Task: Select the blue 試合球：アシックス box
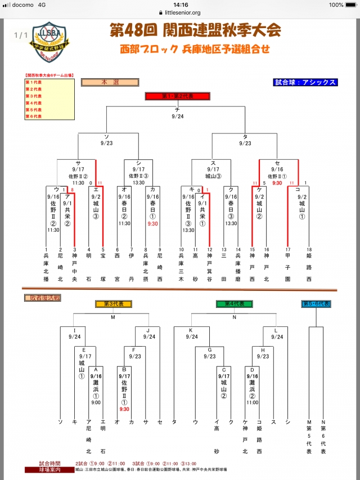coord(305,82)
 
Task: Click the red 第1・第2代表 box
coord(177,96)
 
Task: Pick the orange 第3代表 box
coord(113,304)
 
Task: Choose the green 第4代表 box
coord(234,304)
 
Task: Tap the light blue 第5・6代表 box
coord(316,304)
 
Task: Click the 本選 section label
coord(106,82)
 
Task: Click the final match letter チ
coord(177,109)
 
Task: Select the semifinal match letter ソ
coord(107,137)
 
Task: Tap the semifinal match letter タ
coord(245,137)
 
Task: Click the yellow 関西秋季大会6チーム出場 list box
coord(49,99)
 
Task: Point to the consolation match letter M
coord(112,316)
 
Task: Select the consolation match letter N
coord(233,316)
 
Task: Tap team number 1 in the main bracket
coord(46,249)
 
